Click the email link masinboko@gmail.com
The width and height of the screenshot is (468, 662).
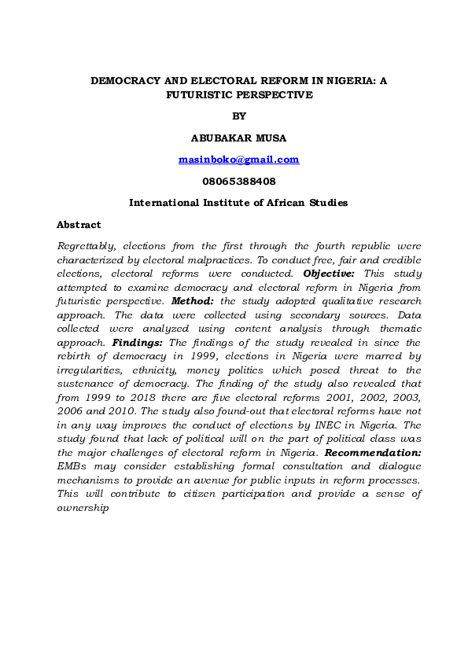(238, 160)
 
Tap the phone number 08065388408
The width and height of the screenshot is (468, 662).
(238, 181)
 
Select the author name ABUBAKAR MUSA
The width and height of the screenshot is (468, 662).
(238, 138)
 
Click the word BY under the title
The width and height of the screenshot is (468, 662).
(239, 116)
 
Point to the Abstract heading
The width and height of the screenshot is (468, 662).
(79, 225)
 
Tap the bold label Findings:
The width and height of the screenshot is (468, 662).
(138, 343)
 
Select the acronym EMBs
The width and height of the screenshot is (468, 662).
(73, 467)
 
